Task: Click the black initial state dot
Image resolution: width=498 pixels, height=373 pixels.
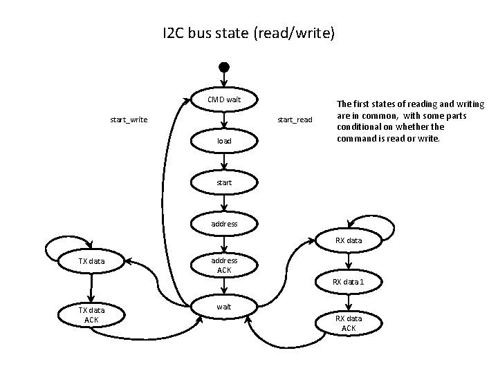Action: [223, 67]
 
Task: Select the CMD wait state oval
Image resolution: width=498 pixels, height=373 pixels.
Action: [223, 99]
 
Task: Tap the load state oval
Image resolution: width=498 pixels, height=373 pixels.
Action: [223, 141]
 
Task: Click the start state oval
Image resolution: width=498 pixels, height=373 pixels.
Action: [223, 182]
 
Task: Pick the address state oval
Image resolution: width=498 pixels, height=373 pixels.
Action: [223, 224]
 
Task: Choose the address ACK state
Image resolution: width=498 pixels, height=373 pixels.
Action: [223, 265]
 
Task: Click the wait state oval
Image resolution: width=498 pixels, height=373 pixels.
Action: [223, 307]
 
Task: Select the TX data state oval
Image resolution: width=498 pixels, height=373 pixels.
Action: [91, 261]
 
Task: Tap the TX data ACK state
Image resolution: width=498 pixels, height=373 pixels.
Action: [91, 315]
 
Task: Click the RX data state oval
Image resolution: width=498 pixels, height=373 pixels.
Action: [349, 241]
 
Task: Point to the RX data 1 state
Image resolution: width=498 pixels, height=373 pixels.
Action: [349, 282]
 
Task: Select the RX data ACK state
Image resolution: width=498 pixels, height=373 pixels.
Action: [349, 323]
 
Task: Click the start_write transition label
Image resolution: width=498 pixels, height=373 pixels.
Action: [129, 120]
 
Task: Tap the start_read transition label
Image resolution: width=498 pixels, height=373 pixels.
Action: [295, 120]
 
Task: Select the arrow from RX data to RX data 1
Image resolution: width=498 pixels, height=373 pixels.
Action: [349, 261]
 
